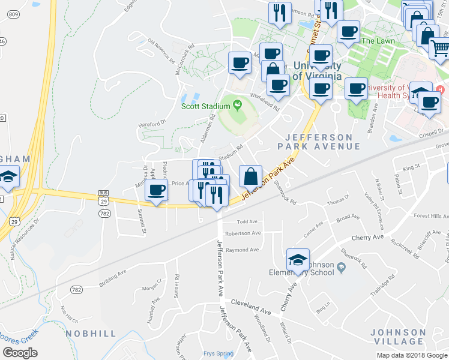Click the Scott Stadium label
click(x=206, y=106)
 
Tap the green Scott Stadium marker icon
click(x=238, y=106)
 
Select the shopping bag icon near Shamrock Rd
click(x=250, y=176)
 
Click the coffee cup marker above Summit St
click(x=156, y=191)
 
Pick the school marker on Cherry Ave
click(x=298, y=260)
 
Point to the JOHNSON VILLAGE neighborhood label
click(x=398, y=337)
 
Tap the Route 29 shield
click(x=15, y=221)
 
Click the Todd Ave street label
click(x=247, y=221)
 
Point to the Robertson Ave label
click(x=243, y=233)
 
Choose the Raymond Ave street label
click(x=242, y=250)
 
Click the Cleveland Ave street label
click(x=248, y=303)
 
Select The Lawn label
click(x=376, y=41)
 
